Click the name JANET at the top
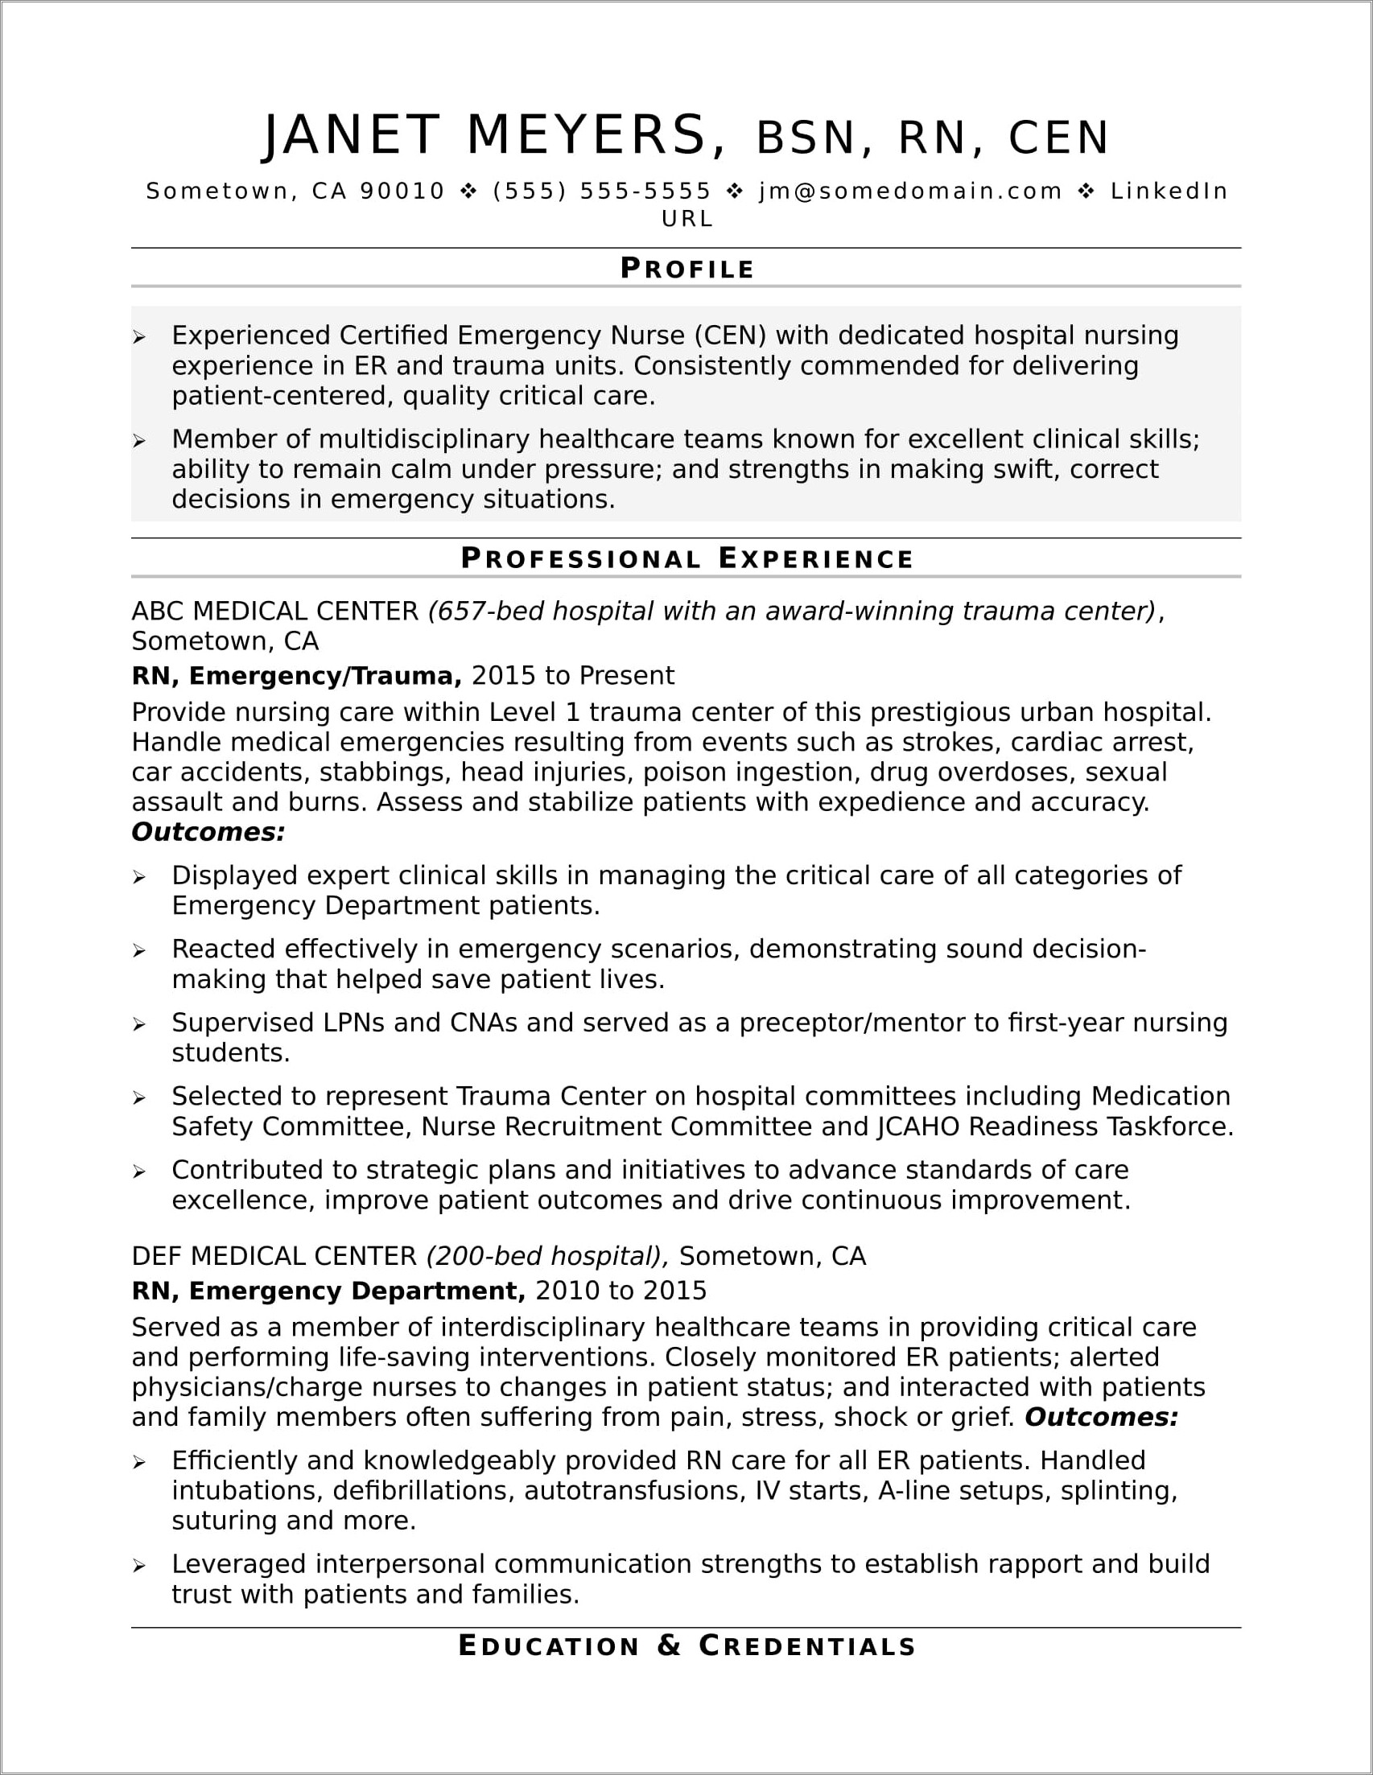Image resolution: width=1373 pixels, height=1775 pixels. pyautogui.click(x=351, y=135)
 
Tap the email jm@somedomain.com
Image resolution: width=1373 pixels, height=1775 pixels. pyautogui.click(x=910, y=191)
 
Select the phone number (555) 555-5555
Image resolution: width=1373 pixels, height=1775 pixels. pyautogui.click(x=601, y=191)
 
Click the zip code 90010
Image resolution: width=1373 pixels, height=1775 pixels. pyautogui.click(x=402, y=191)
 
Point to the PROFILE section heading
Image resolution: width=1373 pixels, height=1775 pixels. pyautogui.click(x=687, y=268)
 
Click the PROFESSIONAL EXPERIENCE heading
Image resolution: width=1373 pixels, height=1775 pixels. pyautogui.click(x=687, y=558)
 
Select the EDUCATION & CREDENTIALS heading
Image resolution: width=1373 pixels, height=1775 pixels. pyautogui.click(x=687, y=1645)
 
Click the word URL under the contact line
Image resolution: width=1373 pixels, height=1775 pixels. pyautogui.click(x=687, y=219)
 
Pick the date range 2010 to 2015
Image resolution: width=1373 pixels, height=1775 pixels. pyautogui.click(x=621, y=1291)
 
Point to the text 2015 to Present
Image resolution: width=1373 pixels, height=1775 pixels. pyautogui.click(x=572, y=675)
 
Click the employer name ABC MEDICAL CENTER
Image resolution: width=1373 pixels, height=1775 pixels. pyautogui.click(x=274, y=611)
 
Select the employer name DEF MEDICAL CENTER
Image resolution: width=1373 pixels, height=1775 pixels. pyautogui.click(x=274, y=1256)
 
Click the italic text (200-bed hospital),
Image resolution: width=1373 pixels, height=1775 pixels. pyautogui.click(x=547, y=1256)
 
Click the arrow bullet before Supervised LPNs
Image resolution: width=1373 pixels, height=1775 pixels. pyautogui.click(x=140, y=1025)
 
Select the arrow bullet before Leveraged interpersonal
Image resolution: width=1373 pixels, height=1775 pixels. pyautogui.click(x=140, y=1566)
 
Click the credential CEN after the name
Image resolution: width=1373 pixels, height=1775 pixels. pyautogui.click(x=1058, y=138)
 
